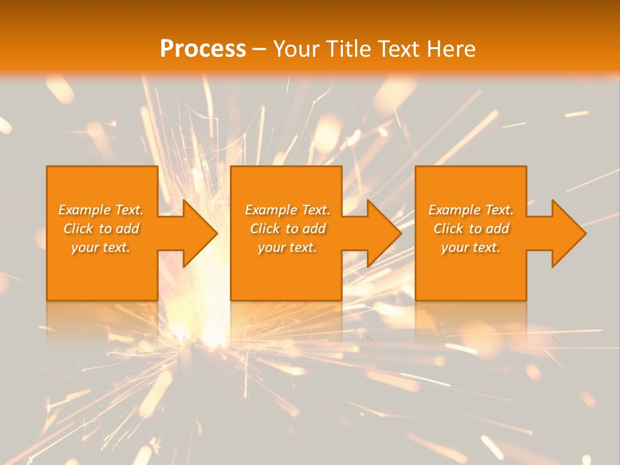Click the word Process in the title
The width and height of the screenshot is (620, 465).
click(x=203, y=49)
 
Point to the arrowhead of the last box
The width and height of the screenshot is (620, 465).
click(x=568, y=233)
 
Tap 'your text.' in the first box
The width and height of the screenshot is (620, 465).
click(x=101, y=248)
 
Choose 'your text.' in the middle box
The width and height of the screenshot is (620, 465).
click(x=287, y=248)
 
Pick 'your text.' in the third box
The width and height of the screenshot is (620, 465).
click(x=470, y=248)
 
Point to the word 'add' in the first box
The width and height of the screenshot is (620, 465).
click(x=128, y=229)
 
